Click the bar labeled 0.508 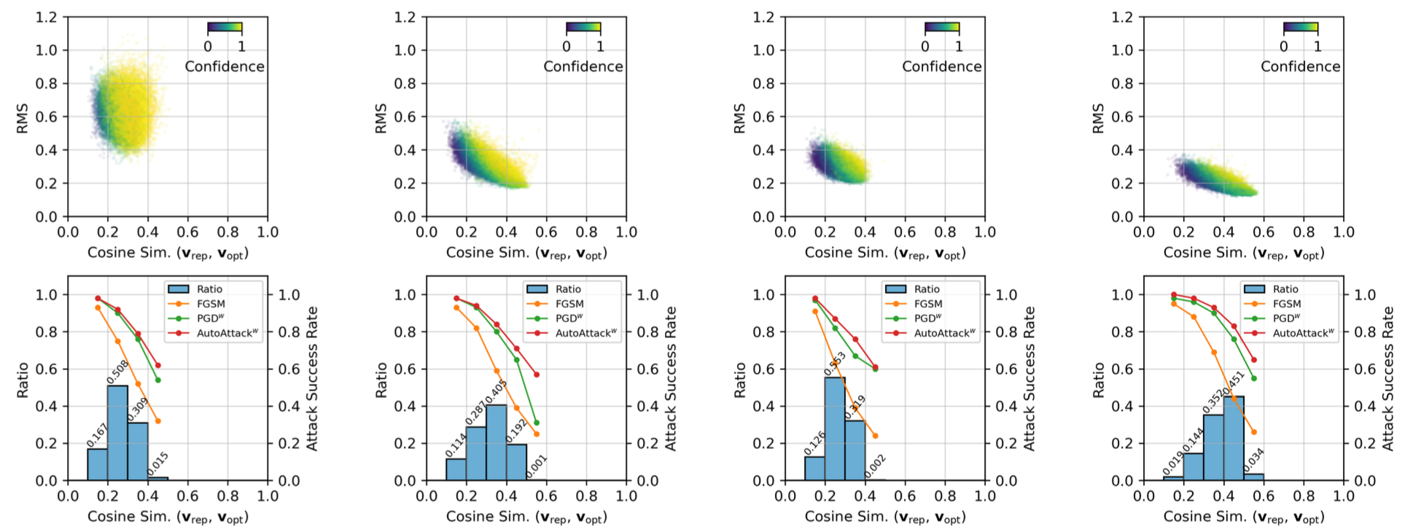tap(117, 433)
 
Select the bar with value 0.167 tap(98, 465)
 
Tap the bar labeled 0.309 tap(138, 452)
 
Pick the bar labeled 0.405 tap(496, 442)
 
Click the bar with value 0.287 tap(476, 453)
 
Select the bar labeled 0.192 tap(516, 462)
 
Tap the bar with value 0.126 tap(815, 469)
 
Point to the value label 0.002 tap(875, 466)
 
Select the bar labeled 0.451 tap(1234, 438)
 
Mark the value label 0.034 tap(1254, 460)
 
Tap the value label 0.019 tap(1173, 463)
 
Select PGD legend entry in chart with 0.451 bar tap(1287, 318)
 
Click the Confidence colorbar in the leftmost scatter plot tap(225, 28)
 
